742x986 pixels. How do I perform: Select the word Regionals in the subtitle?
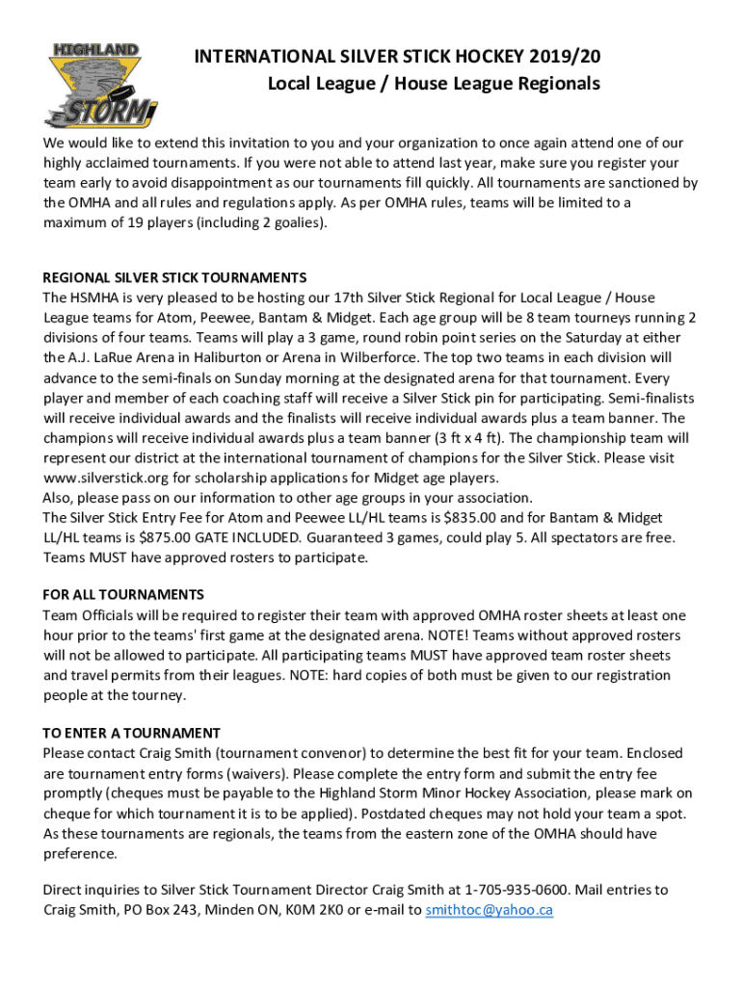(x=561, y=84)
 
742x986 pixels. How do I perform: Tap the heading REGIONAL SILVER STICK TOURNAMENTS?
(x=174, y=278)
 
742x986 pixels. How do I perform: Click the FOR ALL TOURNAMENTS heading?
(x=123, y=595)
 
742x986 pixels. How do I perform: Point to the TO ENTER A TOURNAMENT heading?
(x=131, y=733)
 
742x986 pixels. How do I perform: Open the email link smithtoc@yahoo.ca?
(x=490, y=910)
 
